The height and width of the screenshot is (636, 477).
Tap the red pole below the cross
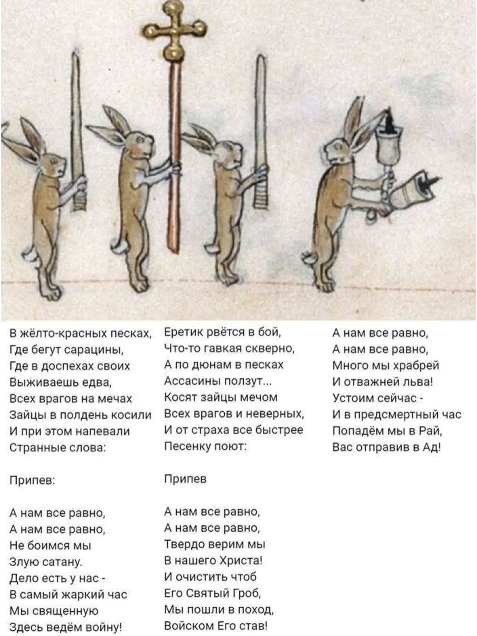pos(175,156)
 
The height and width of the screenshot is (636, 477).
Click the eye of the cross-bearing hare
pos(141,140)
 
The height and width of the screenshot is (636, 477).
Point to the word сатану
pos(62,562)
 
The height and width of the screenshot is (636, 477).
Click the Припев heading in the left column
pos(32,481)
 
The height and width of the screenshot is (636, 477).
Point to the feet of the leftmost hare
pos(53,293)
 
